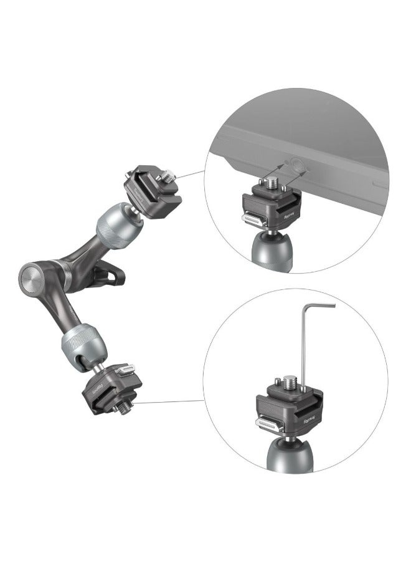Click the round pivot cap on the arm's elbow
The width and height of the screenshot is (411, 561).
tap(31, 276)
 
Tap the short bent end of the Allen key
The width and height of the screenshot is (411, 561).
tap(320, 305)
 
